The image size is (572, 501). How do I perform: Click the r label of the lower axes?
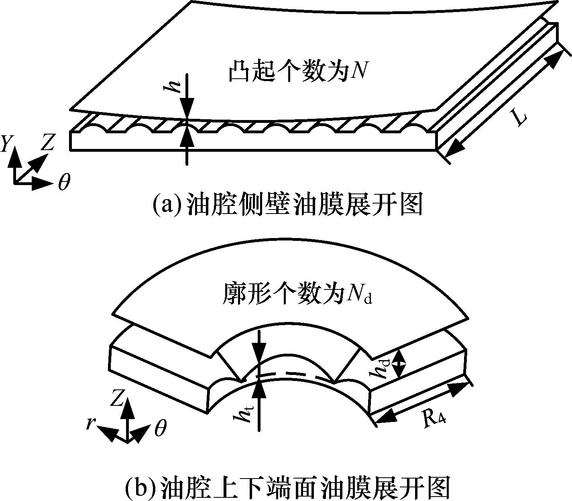pyautogui.click(x=90, y=424)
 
